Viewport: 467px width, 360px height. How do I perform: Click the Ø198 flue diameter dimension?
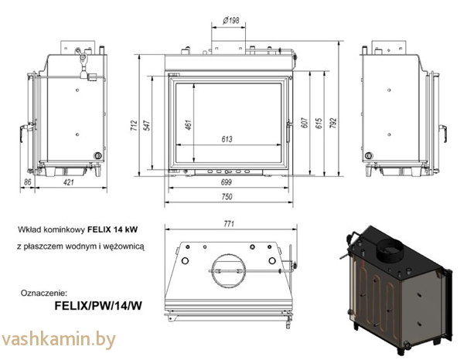(231, 20)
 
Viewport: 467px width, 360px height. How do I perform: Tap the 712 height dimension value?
(134, 125)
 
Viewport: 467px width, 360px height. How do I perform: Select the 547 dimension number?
(147, 125)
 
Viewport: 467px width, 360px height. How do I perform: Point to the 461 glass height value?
(188, 125)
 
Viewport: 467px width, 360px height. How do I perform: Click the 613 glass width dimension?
(227, 139)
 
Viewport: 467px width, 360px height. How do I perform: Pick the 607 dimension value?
(305, 123)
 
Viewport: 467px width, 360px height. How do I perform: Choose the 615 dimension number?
(319, 123)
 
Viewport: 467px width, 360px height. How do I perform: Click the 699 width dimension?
(227, 182)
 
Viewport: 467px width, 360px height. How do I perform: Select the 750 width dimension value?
(227, 196)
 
